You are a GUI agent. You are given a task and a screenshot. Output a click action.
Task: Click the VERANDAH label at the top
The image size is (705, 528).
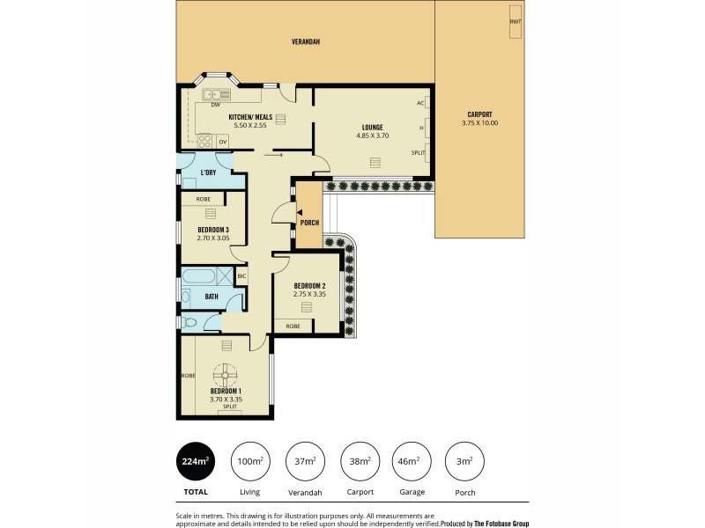pos(306,41)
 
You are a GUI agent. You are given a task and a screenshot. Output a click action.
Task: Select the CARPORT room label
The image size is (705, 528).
pos(479,114)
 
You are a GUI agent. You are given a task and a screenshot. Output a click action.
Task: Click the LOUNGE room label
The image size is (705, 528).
pos(372,127)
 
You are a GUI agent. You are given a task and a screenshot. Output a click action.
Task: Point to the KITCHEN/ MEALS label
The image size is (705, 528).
pos(249,117)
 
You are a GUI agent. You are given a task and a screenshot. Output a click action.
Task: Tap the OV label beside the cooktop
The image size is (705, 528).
pos(223,142)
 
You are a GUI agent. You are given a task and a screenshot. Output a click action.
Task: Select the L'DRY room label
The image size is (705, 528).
pos(209,172)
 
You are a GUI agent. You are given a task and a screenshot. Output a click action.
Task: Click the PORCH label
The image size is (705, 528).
pos(309,222)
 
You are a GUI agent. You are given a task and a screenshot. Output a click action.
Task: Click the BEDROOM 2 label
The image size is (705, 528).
pos(310,285)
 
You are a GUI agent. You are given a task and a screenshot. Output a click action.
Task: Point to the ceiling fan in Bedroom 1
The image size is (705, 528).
pos(226,372)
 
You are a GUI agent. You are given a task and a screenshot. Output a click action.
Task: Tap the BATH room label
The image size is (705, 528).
pos(211,297)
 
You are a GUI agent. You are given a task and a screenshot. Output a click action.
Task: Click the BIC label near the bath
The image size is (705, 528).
pos(241,276)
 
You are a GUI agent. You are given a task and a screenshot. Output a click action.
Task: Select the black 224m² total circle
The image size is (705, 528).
pos(197,460)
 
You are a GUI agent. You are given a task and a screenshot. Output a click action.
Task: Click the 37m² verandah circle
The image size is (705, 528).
pos(304,460)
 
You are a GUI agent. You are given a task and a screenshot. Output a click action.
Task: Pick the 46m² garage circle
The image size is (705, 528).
pos(411,460)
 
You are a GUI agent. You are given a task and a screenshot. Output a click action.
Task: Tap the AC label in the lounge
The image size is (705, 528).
pos(420,103)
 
